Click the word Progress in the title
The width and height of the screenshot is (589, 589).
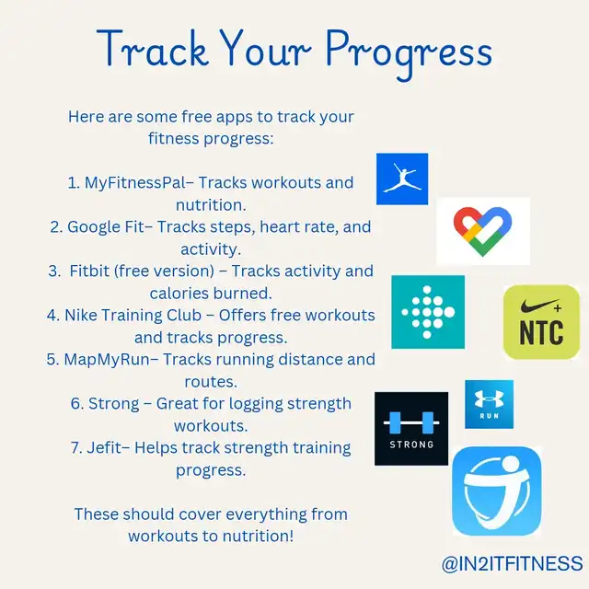point(409,53)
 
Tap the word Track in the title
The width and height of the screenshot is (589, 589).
point(153,48)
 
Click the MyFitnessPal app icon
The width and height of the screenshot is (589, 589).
point(402,179)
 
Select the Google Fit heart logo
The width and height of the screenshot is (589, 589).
point(482,231)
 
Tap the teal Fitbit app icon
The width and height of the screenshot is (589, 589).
point(428,312)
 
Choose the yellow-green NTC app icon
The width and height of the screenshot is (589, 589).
point(541,322)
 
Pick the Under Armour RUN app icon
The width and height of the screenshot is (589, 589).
point(489,404)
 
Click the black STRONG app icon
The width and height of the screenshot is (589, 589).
point(411,429)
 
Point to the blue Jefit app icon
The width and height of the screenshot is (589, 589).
point(497,491)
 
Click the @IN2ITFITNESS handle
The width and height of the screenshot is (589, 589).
point(512,563)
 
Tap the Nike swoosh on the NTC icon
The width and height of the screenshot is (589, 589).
point(538,306)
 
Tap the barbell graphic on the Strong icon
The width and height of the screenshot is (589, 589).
point(411,423)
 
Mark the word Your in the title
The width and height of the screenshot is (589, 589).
point(265,48)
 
